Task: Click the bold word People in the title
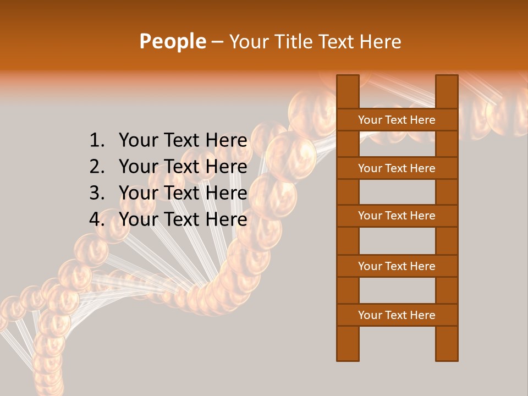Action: click(x=172, y=41)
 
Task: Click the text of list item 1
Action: click(x=183, y=141)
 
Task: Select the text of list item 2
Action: click(x=183, y=167)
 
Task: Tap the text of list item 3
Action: click(x=183, y=193)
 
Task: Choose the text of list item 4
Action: click(x=183, y=219)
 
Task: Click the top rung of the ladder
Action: click(x=397, y=120)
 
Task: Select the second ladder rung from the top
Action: click(x=397, y=168)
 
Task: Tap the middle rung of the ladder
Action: click(x=397, y=216)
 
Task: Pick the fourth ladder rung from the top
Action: click(x=397, y=266)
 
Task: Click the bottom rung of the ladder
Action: click(x=397, y=315)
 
